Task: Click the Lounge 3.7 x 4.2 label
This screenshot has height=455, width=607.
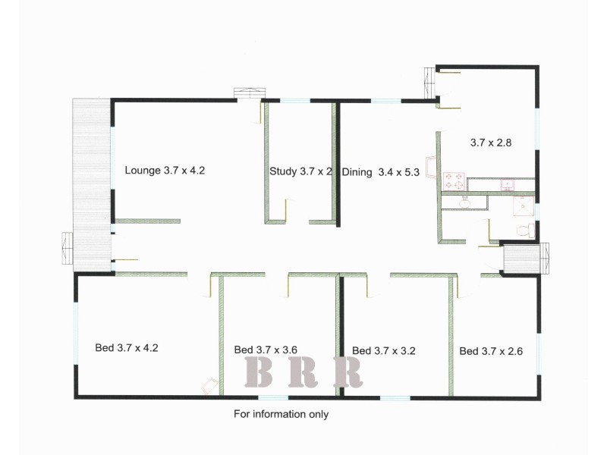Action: click(165, 171)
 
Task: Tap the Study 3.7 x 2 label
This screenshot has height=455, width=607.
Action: click(300, 171)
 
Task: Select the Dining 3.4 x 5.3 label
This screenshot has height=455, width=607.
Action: click(381, 172)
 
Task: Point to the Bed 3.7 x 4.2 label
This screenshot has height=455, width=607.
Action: click(126, 348)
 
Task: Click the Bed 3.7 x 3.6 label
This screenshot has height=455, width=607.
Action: click(266, 350)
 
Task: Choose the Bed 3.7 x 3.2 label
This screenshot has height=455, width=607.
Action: click(384, 350)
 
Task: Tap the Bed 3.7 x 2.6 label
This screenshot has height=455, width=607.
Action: click(491, 351)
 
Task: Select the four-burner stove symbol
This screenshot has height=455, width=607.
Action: click(454, 180)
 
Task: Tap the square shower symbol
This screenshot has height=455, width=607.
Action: click(523, 205)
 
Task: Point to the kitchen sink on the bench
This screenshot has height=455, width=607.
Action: click(505, 184)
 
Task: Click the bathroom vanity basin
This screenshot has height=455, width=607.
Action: click(464, 202)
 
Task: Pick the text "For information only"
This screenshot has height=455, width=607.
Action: click(281, 414)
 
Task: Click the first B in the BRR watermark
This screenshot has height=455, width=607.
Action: click(259, 372)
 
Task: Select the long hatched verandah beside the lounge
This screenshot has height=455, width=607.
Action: click(91, 182)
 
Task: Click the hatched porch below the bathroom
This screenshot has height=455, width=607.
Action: click(521, 258)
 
